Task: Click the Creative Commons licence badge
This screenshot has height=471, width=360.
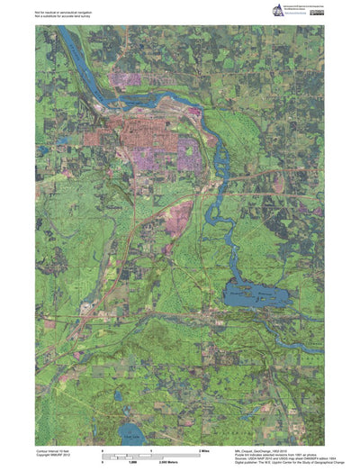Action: tap(319, 11)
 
